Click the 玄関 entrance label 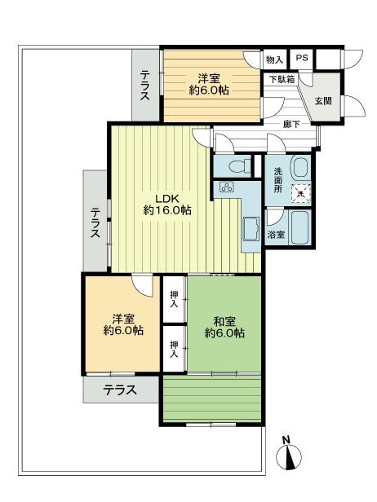323,100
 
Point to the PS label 302,59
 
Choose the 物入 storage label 274,59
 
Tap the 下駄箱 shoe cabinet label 282,79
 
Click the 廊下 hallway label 291,124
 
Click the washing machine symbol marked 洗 301,192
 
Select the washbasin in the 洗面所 299,167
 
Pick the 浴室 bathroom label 276,235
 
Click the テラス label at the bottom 120,390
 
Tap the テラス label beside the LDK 95,222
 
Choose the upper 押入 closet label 174,299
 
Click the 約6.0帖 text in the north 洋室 209,90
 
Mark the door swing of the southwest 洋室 144,287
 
